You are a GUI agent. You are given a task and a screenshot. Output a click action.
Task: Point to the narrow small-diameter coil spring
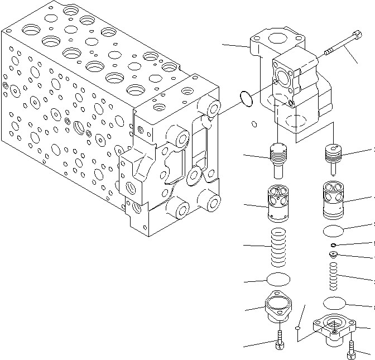pyautogui.click(x=333, y=277)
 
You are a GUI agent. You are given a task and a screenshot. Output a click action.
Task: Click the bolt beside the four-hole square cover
pyautogui.click(x=350, y=349)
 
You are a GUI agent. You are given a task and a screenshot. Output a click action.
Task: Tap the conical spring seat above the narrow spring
pyautogui.click(x=333, y=256)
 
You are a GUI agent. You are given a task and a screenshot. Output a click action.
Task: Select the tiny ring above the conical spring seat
pyautogui.click(x=333, y=244)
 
